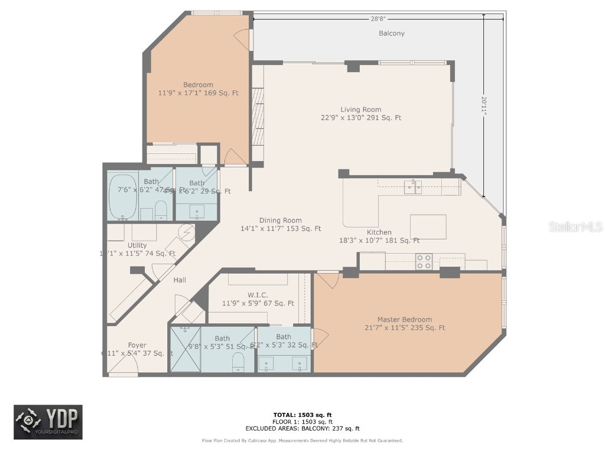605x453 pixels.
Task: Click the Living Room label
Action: point(360,109)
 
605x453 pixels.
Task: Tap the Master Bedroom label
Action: point(405,320)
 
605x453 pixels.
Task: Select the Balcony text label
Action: point(392,34)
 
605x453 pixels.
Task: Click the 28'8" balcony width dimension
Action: point(378,19)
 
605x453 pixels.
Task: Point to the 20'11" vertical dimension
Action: point(484,106)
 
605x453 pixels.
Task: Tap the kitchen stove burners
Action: point(424,261)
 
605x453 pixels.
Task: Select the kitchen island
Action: point(428,226)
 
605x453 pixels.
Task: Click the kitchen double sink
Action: point(413,188)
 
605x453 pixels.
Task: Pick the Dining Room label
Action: point(280,221)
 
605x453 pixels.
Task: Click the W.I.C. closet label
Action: point(258,295)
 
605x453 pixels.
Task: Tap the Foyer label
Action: point(137,345)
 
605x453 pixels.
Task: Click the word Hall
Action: point(180,280)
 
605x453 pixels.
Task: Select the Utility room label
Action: point(137,245)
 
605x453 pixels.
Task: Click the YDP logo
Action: point(48,422)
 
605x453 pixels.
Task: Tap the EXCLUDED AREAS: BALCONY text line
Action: point(302,429)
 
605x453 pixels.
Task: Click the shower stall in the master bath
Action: point(186,349)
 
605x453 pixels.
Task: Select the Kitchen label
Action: point(379,232)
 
